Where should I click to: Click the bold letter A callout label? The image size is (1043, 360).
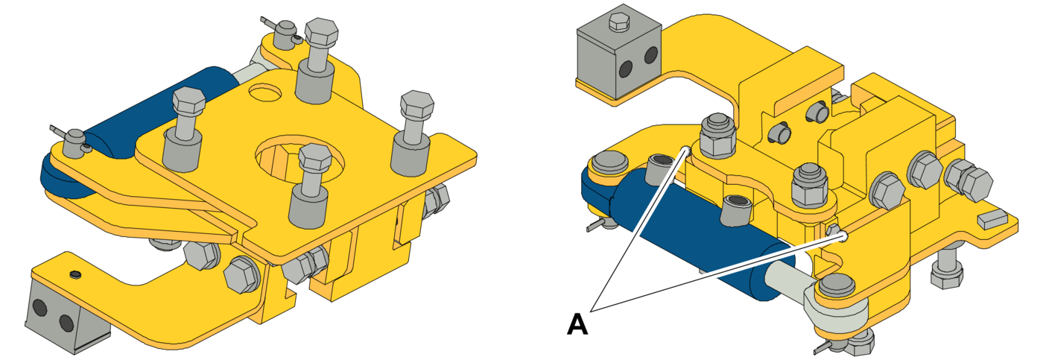click(x=577, y=324)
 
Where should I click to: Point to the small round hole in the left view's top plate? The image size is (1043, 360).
click(x=266, y=91)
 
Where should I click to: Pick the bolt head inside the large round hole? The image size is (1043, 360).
click(x=315, y=156)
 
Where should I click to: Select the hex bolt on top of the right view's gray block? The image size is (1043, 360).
click(x=620, y=22)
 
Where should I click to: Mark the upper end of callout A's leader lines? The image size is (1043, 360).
click(x=686, y=150)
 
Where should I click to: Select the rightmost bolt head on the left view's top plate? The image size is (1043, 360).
click(x=417, y=104)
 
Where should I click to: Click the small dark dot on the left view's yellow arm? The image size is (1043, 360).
click(x=74, y=274)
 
